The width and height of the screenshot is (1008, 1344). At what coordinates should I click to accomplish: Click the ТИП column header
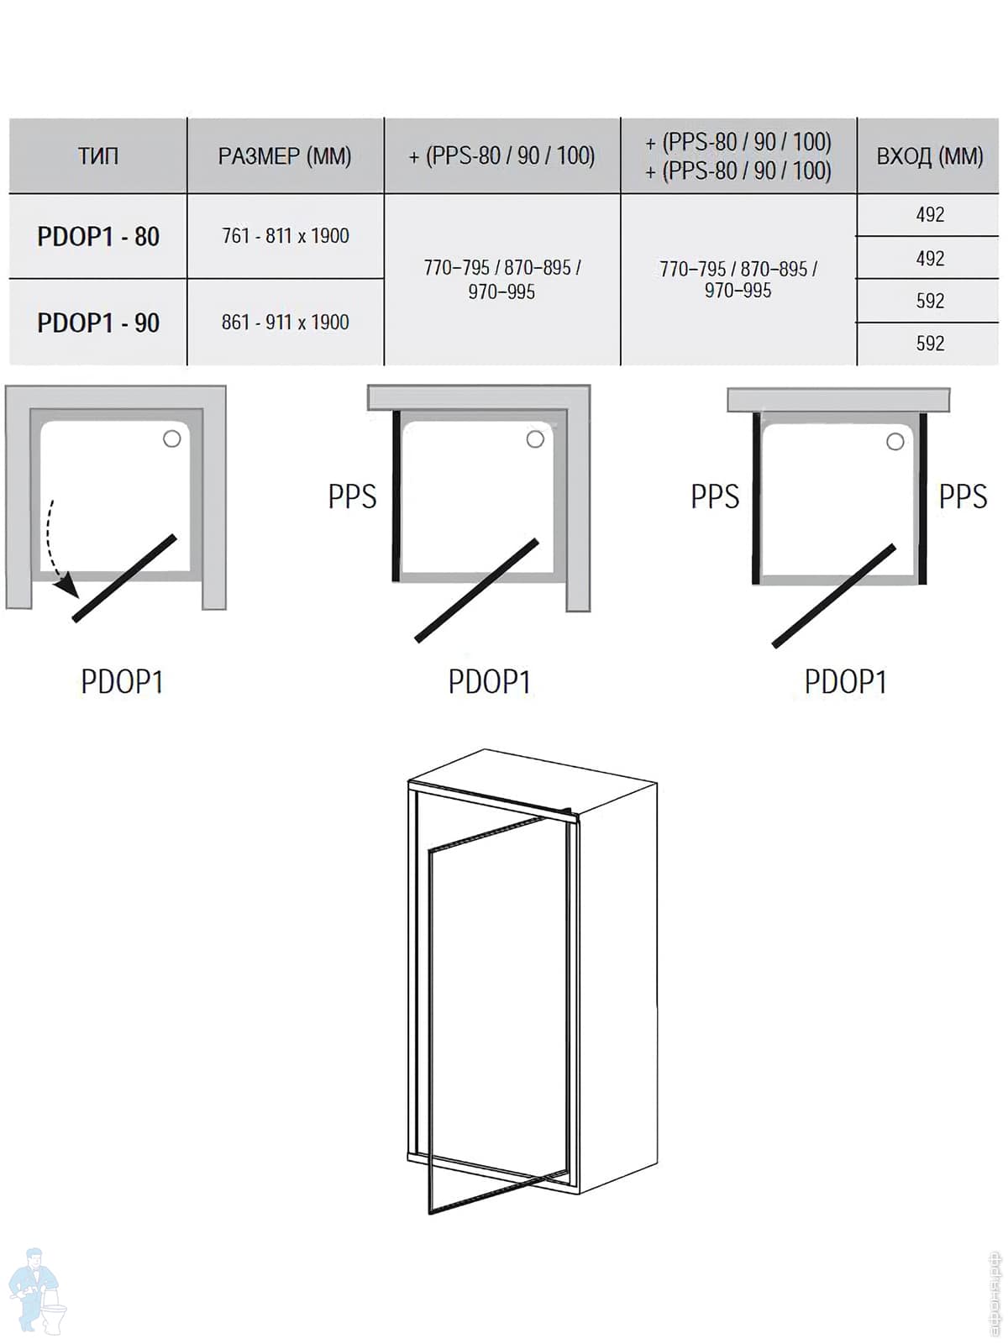[x=98, y=156]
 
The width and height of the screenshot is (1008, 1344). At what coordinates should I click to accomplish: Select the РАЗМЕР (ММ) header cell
[x=285, y=156]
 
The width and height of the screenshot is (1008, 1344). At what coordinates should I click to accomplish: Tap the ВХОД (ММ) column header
[x=930, y=156]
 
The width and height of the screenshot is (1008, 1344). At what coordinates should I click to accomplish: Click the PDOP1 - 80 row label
[x=98, y=236]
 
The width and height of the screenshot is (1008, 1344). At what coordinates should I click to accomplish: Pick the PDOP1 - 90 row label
[x=98, y=323]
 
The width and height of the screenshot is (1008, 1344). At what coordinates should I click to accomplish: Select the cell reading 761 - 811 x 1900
[x=286, y=236]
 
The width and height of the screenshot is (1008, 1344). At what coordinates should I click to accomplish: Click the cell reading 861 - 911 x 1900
[x=286, y=322]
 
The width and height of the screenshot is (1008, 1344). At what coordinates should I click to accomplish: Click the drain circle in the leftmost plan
[x=172, y=438]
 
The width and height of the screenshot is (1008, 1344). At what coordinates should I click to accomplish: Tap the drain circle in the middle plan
[x=536, y=439]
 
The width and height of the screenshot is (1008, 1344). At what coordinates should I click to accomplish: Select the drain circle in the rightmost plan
[x=895, y=442]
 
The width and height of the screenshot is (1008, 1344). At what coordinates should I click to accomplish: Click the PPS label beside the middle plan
[x=352, y=496]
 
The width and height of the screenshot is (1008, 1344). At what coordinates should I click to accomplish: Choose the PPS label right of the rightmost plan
[x=963, y=496]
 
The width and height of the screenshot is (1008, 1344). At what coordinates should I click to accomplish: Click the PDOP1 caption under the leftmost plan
[x=122, y=681]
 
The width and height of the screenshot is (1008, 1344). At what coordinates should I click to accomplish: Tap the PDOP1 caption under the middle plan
[x=489, y=681]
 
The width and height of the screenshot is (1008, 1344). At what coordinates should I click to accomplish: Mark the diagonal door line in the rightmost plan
[x=833, y=596]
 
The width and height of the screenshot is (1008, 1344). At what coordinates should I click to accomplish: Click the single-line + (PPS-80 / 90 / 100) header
[x=501, y=156]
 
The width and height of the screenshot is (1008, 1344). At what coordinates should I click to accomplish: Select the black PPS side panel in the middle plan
[x=396, y=496]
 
